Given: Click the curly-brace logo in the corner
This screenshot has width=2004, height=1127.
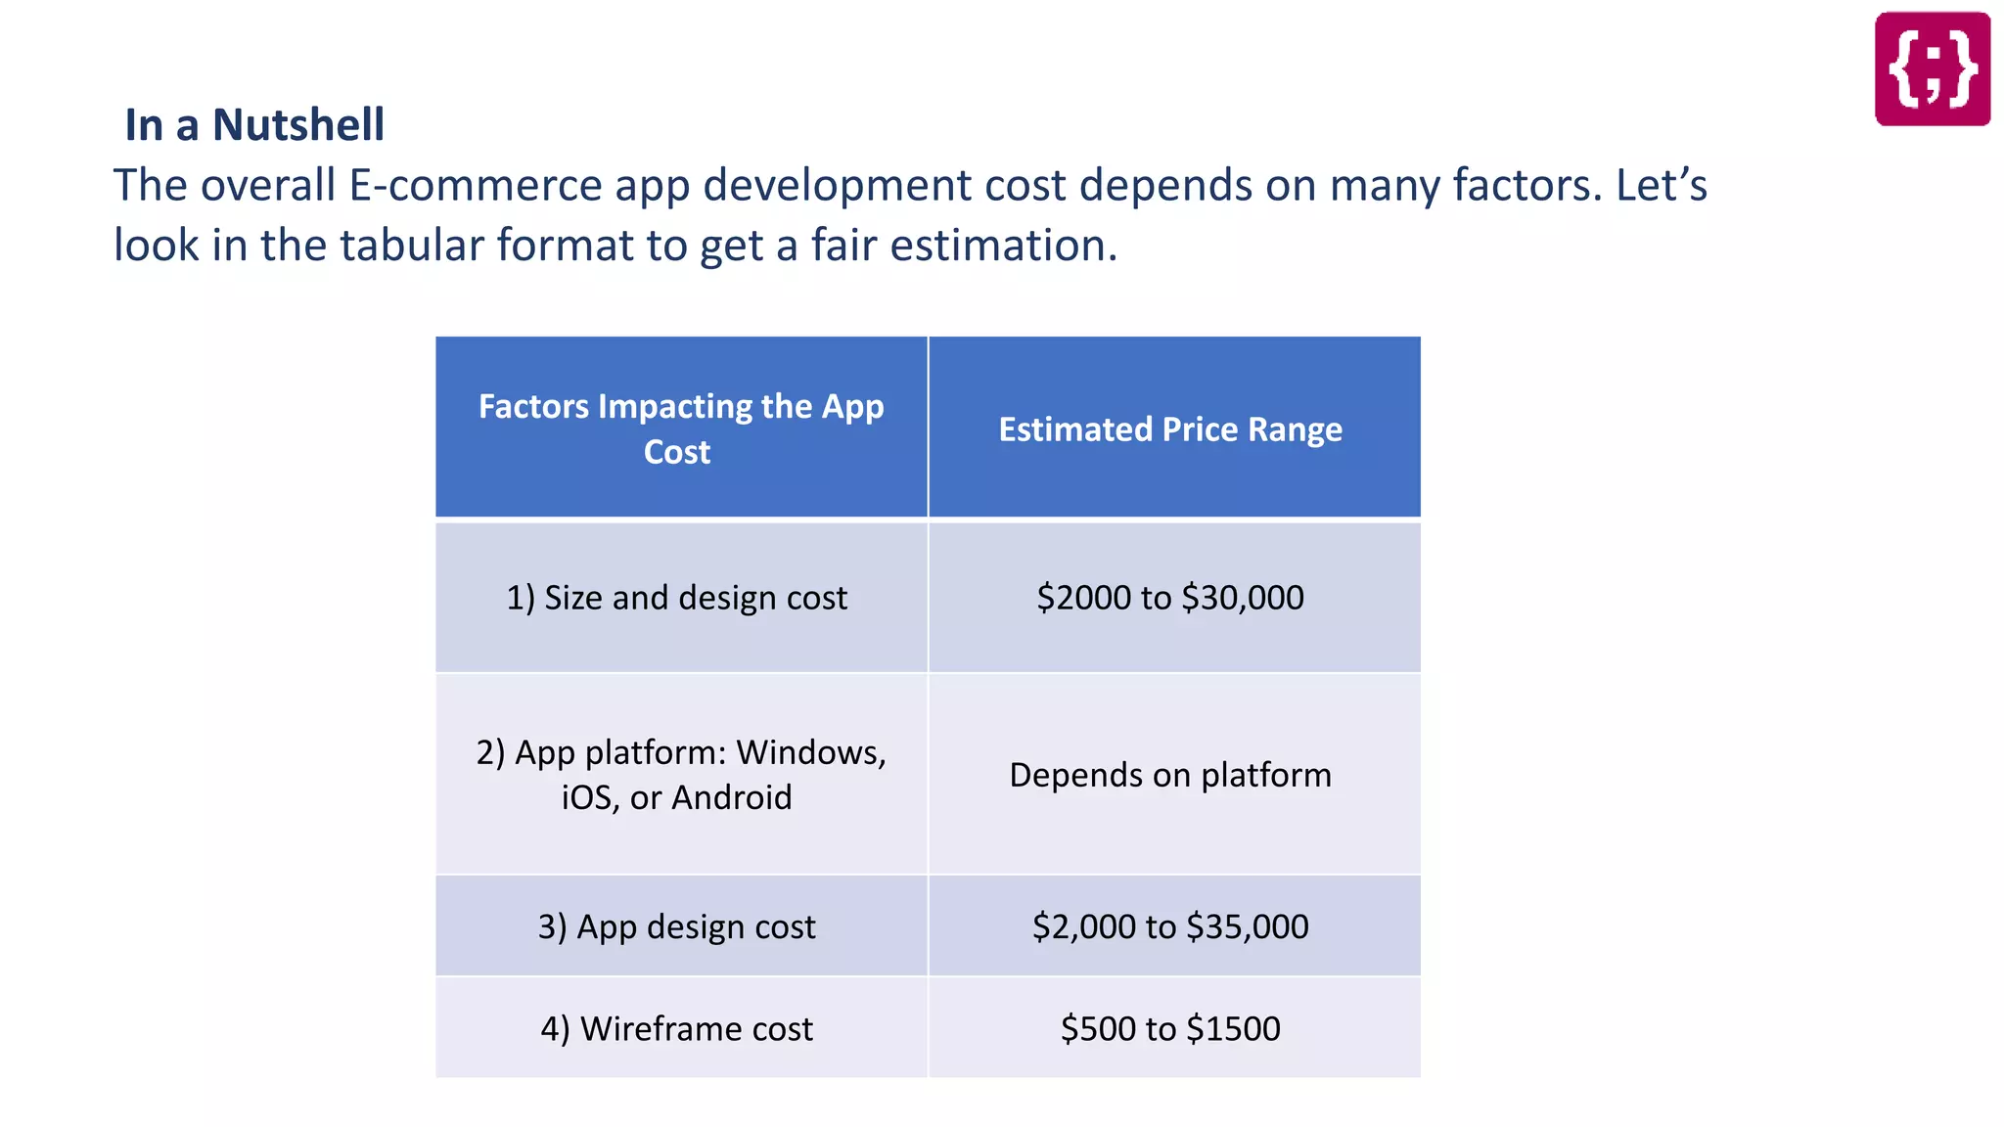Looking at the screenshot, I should [1932, 68].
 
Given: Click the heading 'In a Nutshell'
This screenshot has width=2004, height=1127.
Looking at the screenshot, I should [254, 125].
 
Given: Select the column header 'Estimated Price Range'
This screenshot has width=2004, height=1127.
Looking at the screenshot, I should [1170, 429].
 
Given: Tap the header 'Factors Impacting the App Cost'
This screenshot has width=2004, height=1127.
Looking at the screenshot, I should [680, 428].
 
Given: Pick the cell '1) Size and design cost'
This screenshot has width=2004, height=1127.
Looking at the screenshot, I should [676, 598].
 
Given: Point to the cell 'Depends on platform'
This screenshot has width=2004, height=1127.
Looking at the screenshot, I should [1170, 775].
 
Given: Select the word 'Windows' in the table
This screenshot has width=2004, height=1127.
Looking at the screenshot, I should [810, 752].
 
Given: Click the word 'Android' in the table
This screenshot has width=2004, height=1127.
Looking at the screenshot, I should [732, 797].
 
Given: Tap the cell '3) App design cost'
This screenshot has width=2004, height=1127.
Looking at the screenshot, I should [676, 926].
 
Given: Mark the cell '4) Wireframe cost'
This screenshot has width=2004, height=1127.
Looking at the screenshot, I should [676, 1028].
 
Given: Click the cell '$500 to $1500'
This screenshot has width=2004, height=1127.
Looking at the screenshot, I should [1170, 1028].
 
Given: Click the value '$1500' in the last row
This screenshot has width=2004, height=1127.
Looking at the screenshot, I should [1233, 1028].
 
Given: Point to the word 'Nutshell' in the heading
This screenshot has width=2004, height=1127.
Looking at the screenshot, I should [298, 125].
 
